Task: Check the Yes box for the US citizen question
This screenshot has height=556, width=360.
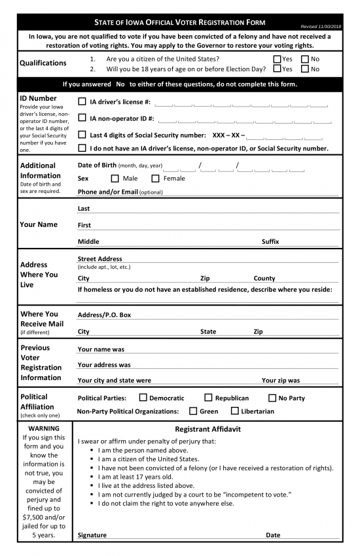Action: (x=277, y=59)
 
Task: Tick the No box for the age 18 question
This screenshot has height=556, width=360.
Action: (x=305, y=69)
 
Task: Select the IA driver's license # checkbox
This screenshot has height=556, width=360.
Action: (x=82, y=101)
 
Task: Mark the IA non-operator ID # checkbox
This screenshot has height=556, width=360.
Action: (x=82, y=118)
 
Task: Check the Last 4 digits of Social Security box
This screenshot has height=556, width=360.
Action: (x=82, y=135)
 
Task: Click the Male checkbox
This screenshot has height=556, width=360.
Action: (x=115, y=179)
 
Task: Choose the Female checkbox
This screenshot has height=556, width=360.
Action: (x=156, y=179)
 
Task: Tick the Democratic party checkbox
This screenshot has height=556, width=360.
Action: (x=142, y=398)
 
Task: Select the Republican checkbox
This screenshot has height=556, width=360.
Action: (x=208, y=398)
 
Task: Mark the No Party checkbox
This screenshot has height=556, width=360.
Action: (x=272, y=398)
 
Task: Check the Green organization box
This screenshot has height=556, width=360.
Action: (x=192, y=411)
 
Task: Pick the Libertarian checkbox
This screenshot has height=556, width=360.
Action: (x=234, y=411)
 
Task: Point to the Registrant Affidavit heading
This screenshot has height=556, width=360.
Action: (x=207, y=429)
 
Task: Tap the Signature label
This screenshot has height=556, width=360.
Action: (x=92, y=535)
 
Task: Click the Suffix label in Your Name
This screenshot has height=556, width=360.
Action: (x=270, y=241)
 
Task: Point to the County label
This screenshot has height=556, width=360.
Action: (x=264, y=278)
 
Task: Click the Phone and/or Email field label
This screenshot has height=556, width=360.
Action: (x=120, y=192)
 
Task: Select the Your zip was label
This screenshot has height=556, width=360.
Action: (x=281, y=380)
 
